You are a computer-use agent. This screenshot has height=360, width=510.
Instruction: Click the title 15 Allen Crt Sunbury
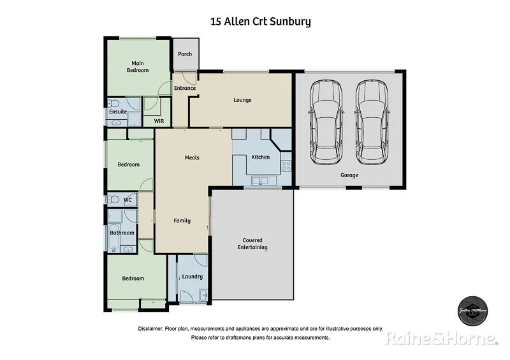tap(261, 22)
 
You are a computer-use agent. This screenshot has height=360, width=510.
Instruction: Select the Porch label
tap(185, 54)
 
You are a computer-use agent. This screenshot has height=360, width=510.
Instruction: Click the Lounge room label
tap(242, 100)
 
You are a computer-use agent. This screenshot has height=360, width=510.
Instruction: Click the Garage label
tap(349, 175)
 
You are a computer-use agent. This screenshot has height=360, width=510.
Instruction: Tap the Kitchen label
tap(260, 157)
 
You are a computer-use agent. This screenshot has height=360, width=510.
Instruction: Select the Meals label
tap(193, 157)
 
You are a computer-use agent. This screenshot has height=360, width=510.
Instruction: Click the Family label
tap(182, 220)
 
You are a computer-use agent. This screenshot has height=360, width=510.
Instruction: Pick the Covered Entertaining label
tap(252, 244)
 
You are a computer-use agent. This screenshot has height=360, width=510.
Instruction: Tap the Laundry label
tap(192, 277)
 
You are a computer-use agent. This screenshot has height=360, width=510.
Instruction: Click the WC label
tap(127, 200)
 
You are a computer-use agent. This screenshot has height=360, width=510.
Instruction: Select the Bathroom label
tap(122, 233)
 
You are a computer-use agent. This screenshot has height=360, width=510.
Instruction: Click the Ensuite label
tap(118, 112)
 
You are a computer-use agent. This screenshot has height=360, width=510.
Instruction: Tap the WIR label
tap(159, 119)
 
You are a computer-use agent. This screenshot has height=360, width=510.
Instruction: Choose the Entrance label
tap(185, 89)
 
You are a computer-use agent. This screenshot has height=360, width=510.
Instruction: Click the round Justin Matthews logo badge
tap(473, 310)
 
